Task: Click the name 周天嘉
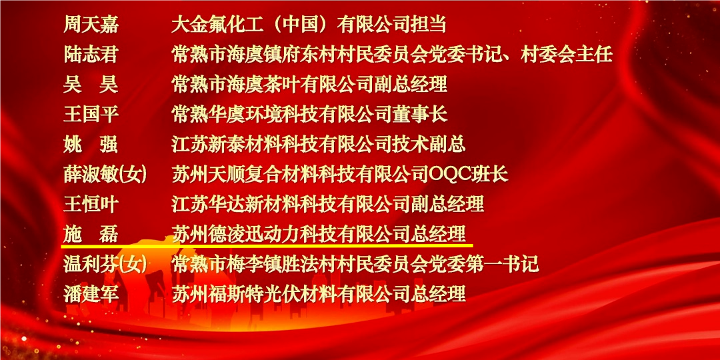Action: tap(91, 25)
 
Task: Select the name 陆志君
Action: tap(91, 55)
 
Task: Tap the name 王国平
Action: tap(91, 115)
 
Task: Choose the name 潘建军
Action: tap(91, 293)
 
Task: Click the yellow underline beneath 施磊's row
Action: tap(267, 245)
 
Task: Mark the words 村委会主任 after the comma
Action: tap(567, 55)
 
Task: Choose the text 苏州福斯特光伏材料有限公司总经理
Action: tap(318, 293)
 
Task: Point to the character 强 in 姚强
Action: tap(109, 144)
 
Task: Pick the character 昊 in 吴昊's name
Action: tap(109, 85)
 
